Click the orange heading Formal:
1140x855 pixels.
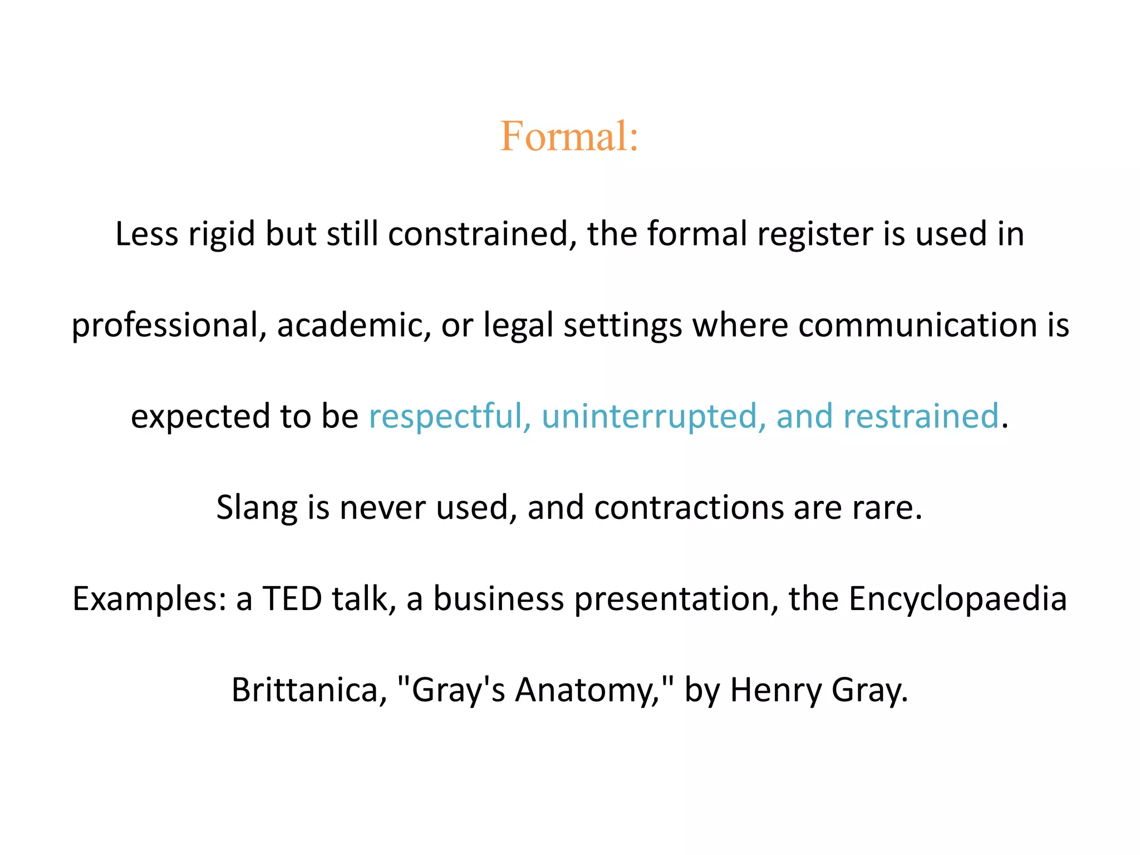point(569,136)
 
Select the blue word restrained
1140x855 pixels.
point(921,416)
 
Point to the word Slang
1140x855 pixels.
point(257,508)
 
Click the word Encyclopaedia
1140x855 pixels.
point(957,600)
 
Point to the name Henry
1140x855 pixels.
point(775,690)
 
